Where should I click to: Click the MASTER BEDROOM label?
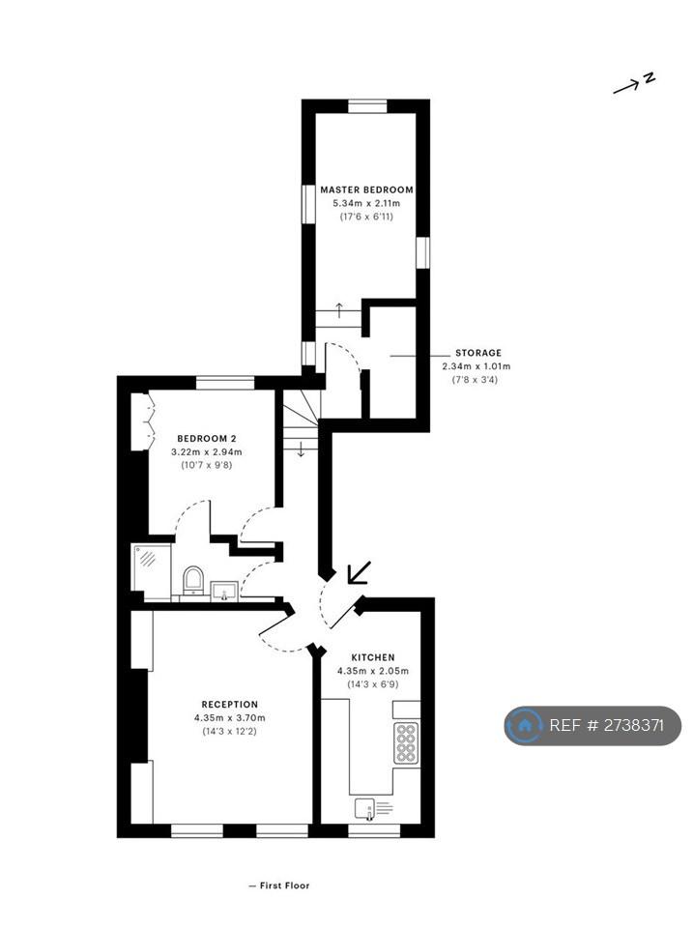pyautogui.click(x=366, y=190)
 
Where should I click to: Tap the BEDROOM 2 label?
pyautogui.click(x=207, y=439)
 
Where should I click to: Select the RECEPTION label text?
pyautogui.click(x=230, y=705)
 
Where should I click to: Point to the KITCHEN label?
pyautogui.click(x=373, y=657)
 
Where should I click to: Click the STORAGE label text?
pyautogui.click(x=478, y=353)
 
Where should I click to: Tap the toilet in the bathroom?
pyautogui.click(x=193, y=580)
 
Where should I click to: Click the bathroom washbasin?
pyautogui.click(x=224, y=591)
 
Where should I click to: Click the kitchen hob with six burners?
pyautogui.click(x=406, y=742)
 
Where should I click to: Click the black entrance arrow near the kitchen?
pyautogui.click(x=359, y=572)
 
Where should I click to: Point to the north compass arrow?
pyautogui.click(x=626, y=88)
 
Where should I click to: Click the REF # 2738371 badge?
pyautogui.click(x=592, y=725)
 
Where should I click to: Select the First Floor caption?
pyautogui.click(x=279, y=886)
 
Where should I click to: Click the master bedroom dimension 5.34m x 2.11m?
pyautogui.click(x=366, y=203)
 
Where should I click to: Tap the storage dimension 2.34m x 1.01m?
pyautogui.click(x=476, y=366)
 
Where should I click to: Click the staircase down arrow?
pyautogui.click(x=301, y=449)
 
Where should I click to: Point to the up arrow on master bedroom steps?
pyautogui.click(x=339, y=310)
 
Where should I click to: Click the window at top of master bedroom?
pyautogui.click(x=367, y=106)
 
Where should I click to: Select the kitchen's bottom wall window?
pyautogui.click(x=374, y=831)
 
